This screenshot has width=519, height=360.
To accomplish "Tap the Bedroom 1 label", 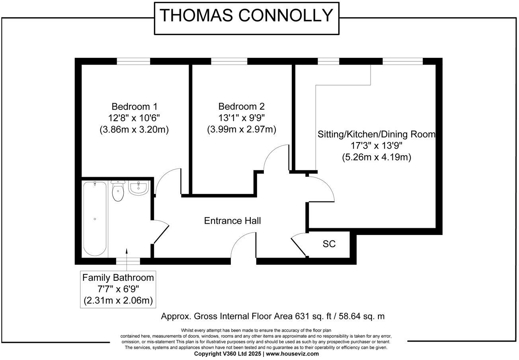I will pyautogui.click(x=135, y=107).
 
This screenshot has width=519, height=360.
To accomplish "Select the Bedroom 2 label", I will pyautogui.click(x=241, y=107).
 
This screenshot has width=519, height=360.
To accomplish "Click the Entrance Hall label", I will pyautogui.click(x=232, y=221).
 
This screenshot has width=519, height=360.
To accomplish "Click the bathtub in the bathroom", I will pyautogui.click(x=95, y=219).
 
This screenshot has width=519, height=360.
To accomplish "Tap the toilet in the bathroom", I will pyautogui.click(x=118, y=192).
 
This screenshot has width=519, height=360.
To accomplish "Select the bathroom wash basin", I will pyautogui.click(x=139, y=188).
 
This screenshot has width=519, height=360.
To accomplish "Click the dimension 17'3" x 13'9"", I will pyautogui.click(x=376, y=146).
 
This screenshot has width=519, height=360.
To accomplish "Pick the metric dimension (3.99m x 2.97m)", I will pyautogui.click(x=241, y=129).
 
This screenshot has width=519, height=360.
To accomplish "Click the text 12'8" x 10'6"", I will pyautogui.click(x=135, y=118).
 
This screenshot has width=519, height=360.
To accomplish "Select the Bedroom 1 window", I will pyautogui.click(x=133, y=61).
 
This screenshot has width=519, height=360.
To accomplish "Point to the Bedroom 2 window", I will pyautogui.click(x=229, y=61).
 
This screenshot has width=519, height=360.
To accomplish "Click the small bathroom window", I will pyautogui.click(x=128, y=262).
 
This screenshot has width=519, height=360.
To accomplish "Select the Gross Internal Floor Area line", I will pyautogui.click(x=273, y=317).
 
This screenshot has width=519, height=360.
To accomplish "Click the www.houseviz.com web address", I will pyautogui.click(x=293, y=354).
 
